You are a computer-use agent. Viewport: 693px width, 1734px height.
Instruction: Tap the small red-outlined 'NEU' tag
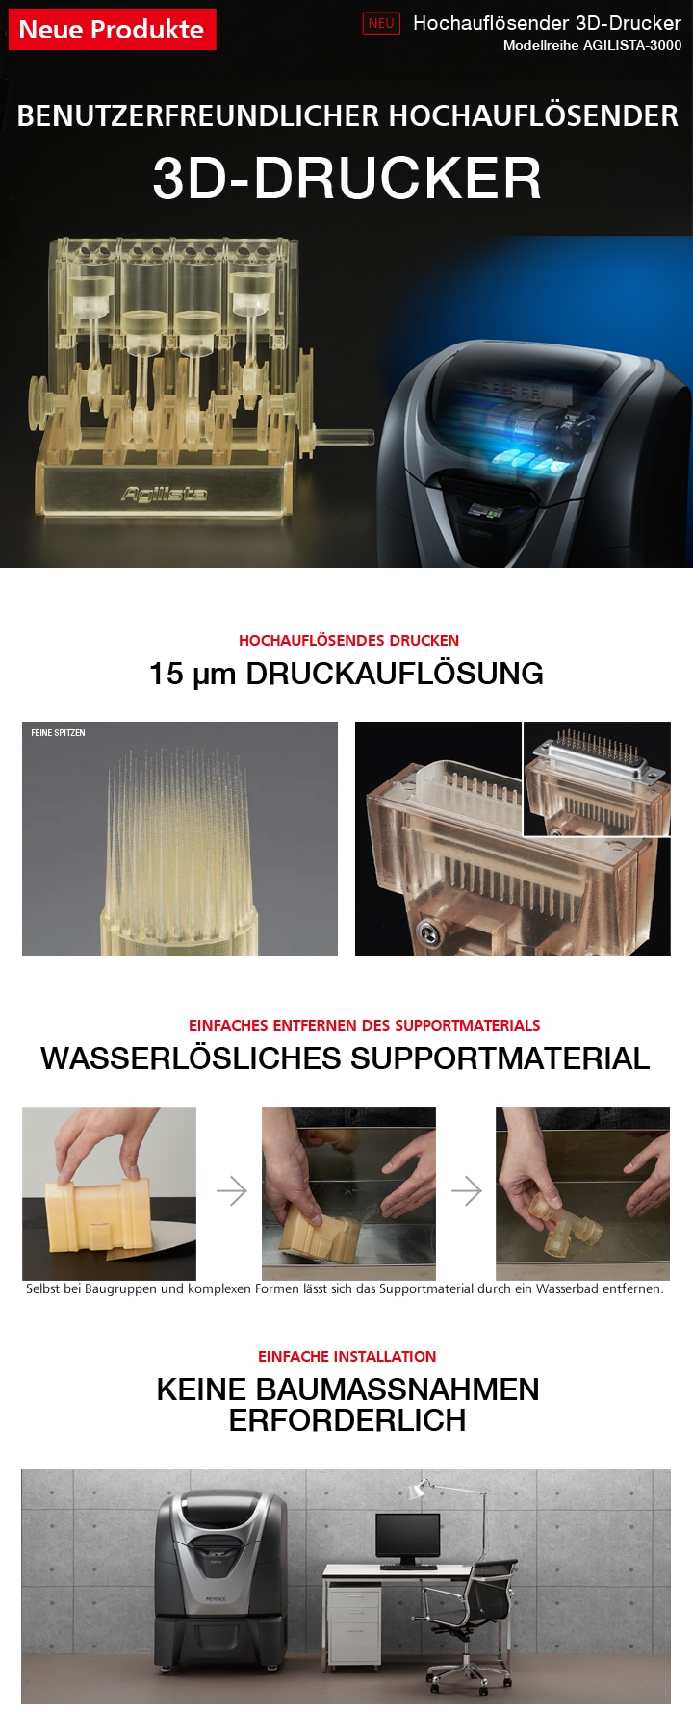381,24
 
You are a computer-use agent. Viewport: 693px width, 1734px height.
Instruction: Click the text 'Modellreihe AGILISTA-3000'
592,45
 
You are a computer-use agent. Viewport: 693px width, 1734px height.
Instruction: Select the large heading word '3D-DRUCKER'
346,178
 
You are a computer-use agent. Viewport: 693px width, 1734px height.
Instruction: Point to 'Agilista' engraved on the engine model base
164,494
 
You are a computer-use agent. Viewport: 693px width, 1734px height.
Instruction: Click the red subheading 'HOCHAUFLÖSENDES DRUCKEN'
348,640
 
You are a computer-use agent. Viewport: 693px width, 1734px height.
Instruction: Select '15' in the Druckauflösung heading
166,674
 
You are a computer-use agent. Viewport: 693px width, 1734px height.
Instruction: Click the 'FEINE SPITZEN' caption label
58,733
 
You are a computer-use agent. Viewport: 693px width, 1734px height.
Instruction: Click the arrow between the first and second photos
231,1191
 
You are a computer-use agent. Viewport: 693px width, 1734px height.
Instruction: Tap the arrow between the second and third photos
466,1191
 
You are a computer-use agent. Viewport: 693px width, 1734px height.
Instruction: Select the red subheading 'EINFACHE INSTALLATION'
346,1356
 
